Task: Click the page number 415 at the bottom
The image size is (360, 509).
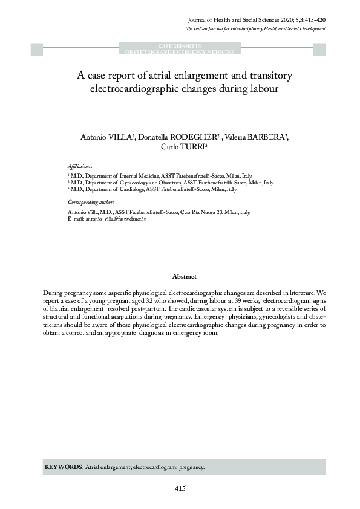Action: point(180,488)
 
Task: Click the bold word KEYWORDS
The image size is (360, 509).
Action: point(64,467)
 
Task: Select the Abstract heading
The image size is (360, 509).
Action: point(184,276)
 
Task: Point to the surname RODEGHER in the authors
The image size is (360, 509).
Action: point(196,137)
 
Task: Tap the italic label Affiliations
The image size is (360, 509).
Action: point(80,165)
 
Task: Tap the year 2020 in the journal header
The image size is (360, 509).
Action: point(282,19)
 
